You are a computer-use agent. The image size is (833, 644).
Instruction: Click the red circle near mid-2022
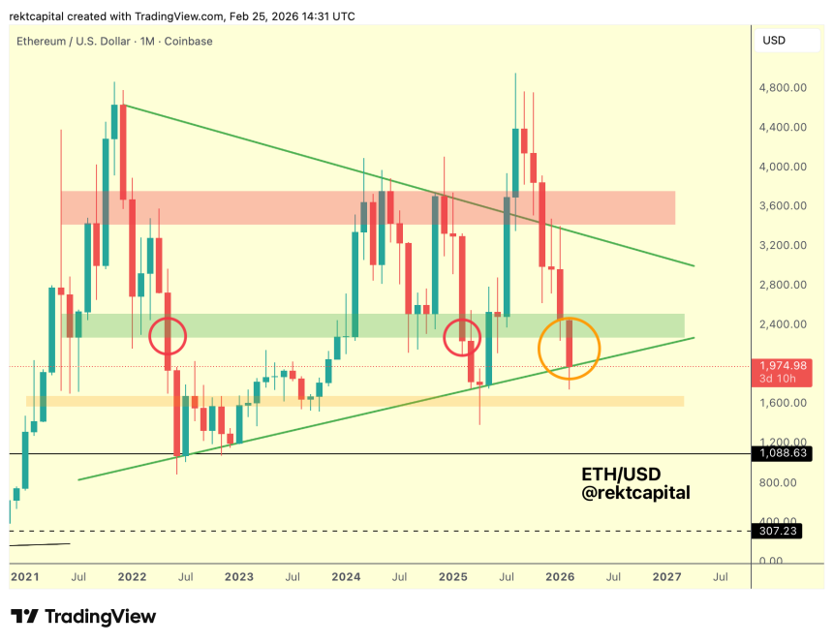coord(168,337)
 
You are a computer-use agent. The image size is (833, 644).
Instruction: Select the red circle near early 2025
coord(462,337)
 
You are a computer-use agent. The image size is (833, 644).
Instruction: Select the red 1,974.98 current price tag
coord(783,365)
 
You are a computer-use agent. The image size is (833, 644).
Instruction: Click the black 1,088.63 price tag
coord(783,453)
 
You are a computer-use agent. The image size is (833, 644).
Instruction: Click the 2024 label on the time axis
coord(346,577)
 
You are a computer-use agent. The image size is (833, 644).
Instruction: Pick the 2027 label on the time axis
coord(667,577)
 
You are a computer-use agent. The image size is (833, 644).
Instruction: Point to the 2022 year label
coord(132,577)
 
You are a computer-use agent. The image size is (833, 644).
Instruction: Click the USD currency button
coord(775,41)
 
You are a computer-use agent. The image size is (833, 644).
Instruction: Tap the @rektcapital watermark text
coord(635,494)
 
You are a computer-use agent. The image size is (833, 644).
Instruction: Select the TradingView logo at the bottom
coord(83,617)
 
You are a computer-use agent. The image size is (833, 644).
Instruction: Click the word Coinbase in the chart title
coord(188,42)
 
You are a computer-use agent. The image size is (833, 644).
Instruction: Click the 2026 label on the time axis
coord(560,577)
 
